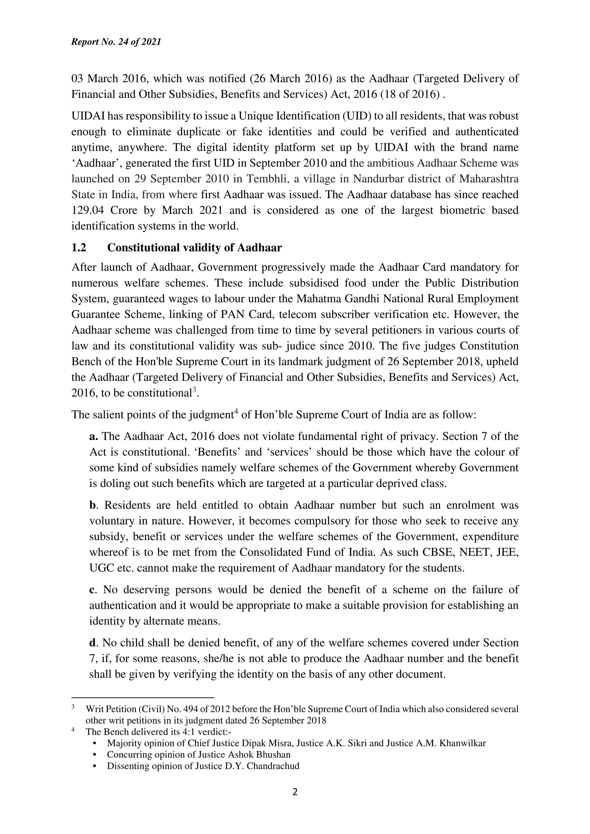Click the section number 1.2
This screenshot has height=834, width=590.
click(x=79, y=248)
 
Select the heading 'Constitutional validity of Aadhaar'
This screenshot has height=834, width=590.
click(x=194, y=248)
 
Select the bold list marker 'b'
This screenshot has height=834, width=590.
click(x=92, y=505)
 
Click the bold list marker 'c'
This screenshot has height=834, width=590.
click(x=92, y=590)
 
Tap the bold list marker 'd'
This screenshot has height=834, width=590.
click(x=92, y=643)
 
